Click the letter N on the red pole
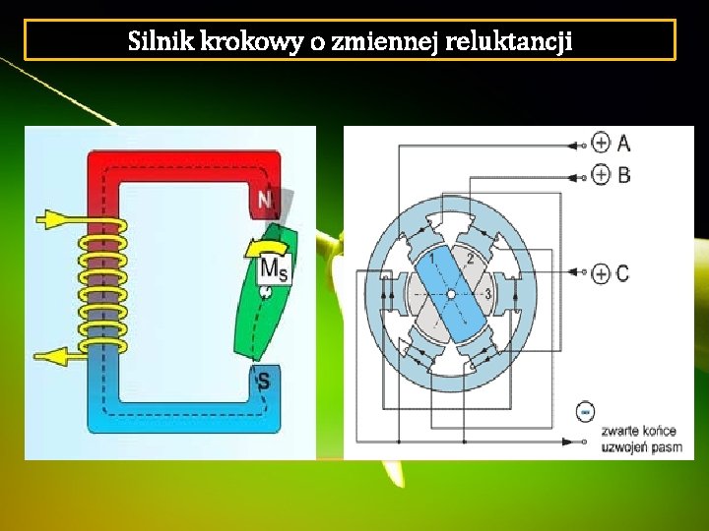coord(264,202)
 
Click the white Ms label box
coord(274,268)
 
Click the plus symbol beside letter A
coord(601,144)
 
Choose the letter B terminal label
coord(624,175)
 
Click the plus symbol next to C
coord(601,273)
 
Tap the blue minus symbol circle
coord(585,410)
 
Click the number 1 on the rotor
coord(431,258)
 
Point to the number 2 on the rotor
coord(470,260)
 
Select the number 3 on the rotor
coord(485,294)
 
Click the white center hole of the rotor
coord(450,293)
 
